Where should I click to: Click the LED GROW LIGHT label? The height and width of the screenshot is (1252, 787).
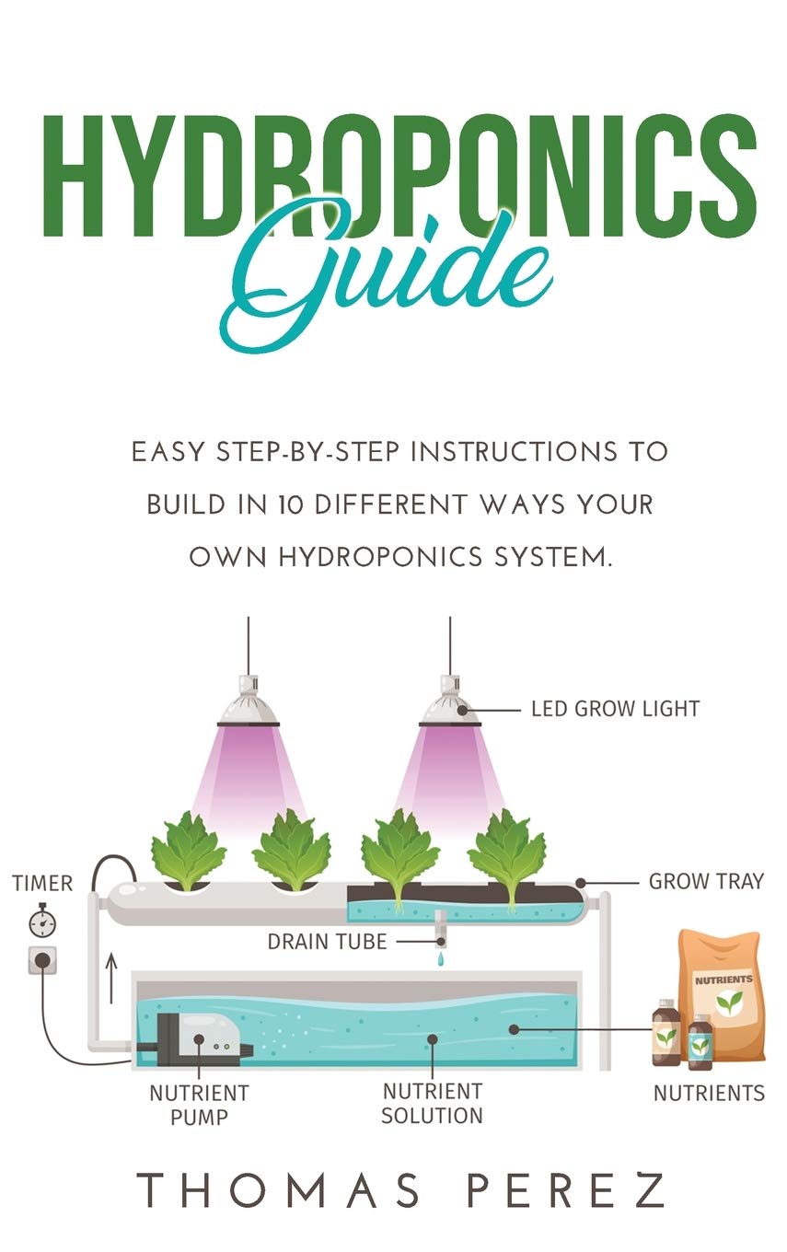(615, 709)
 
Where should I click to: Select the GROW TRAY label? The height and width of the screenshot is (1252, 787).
(706, 881)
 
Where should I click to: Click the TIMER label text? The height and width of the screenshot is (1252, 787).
(41, 884)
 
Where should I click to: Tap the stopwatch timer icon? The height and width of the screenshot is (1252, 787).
(39, 921)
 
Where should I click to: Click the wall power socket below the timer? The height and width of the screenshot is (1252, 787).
(41, 959)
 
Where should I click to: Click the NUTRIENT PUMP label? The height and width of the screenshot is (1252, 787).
(199, 1104)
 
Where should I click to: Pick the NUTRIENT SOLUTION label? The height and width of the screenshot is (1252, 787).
(432, 1103)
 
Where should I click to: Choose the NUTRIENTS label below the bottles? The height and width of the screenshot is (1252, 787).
(708, 1093)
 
